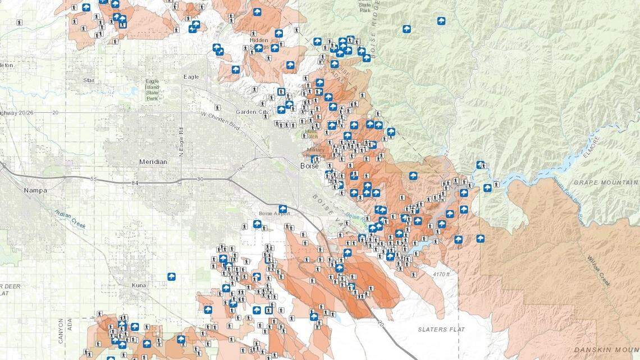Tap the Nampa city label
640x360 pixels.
point(35,190)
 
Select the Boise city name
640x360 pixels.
point(309,166)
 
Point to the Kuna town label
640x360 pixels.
point(139,285)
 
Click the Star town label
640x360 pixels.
point(89,80)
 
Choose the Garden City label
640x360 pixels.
point(252,112)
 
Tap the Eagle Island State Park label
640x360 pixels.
point(152,90)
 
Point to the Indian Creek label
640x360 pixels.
point(70,218)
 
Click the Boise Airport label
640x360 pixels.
point(275,214)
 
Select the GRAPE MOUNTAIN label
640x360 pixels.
point(605,183)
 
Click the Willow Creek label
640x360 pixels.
point(598,271)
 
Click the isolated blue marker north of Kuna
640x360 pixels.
point(171,276)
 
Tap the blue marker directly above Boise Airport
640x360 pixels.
point(283,209)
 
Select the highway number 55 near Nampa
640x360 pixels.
point(94,179)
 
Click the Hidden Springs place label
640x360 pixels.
point(259,44)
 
